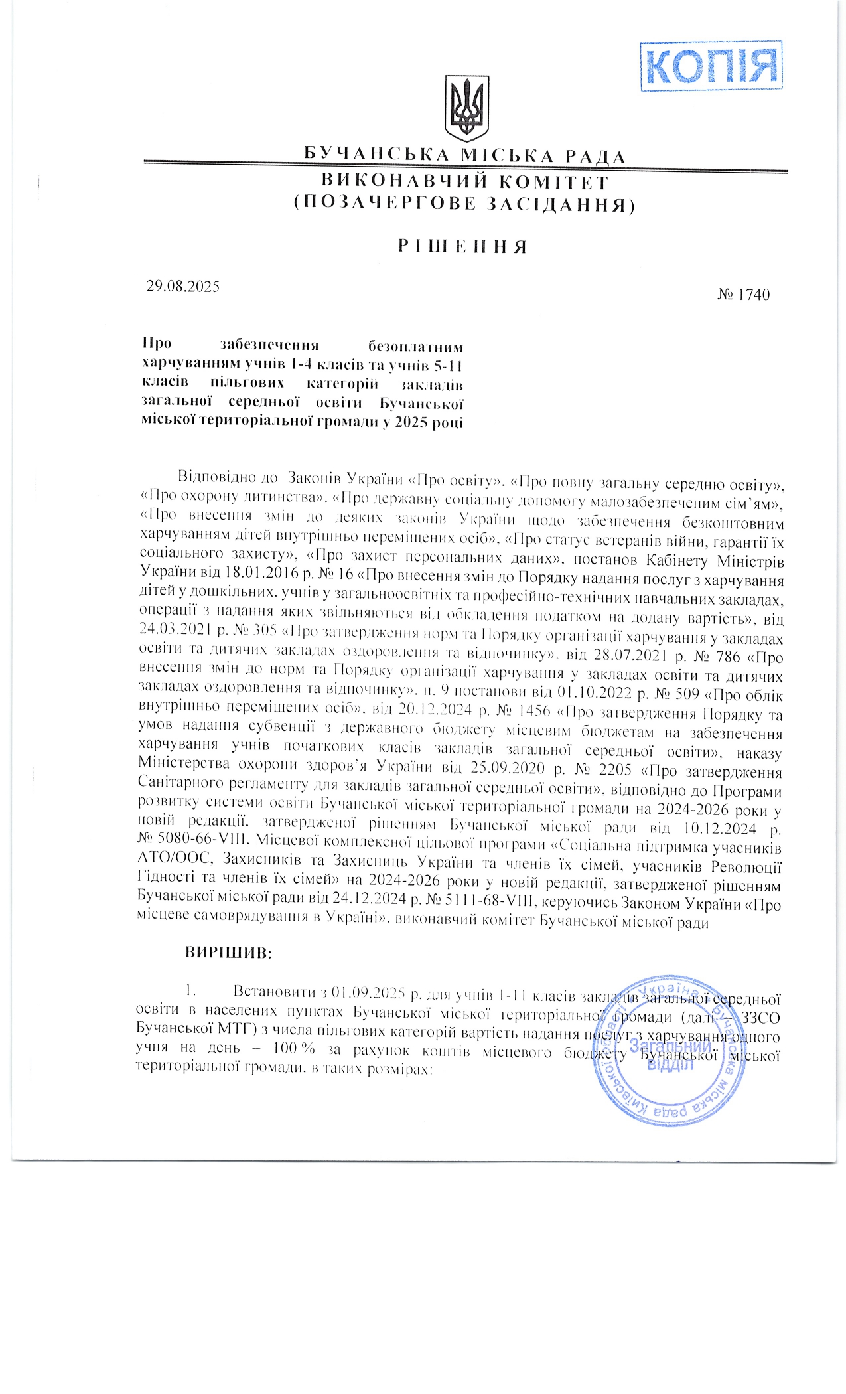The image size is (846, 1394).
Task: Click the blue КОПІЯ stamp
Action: tap(711, 65)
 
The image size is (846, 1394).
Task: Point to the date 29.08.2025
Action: tap(182, 287)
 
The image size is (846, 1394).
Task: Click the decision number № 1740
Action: tap(743, 294)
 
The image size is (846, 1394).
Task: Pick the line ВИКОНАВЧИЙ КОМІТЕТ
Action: tap(464, 181)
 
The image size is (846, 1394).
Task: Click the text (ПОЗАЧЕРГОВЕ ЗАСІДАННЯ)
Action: tap(464, 204)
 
